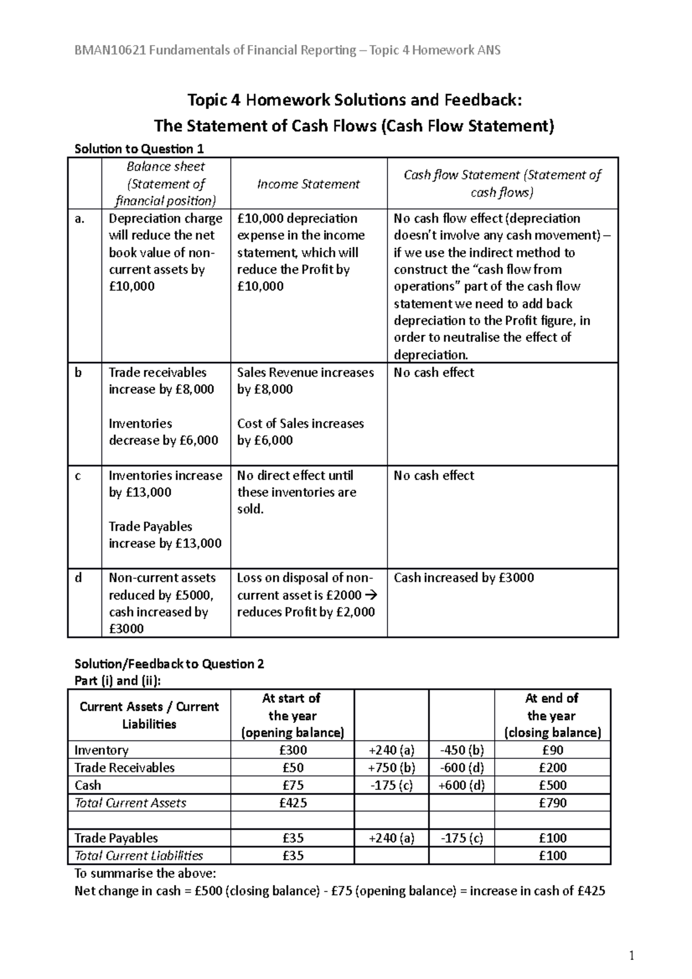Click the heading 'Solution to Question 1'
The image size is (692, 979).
pyautogui.click(x=139, y=149)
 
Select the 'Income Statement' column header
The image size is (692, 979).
pyautogui.click(x=308, y=184)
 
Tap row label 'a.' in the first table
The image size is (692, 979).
pyautogui.click(x=80, y=219)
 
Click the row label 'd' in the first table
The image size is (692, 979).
pyautogui.click(x=78, y=578)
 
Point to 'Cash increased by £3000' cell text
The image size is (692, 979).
pyautogui.click(x=464, y=578)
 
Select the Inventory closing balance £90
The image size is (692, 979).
pyautogui.click(x=552, y=750)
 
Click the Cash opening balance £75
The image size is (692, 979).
pyautogui.click(x=292, y=785)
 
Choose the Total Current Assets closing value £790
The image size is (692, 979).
pyautogui.click(x=552, y=803)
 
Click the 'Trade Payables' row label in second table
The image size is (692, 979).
pyautogui.click(x=116, y=838)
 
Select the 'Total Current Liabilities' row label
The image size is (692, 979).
pyautogui.click(x=139, y=856)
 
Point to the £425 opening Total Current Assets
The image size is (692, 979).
pyautogui.click(x=292, y=803)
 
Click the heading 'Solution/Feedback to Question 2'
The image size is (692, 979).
pyautogui.click(x=169, y=664)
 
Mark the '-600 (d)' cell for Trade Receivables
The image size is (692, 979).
pyautogui.click(x=461, y=768)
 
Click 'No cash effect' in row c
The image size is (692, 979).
pyautogui.click(x=434, y=476)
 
